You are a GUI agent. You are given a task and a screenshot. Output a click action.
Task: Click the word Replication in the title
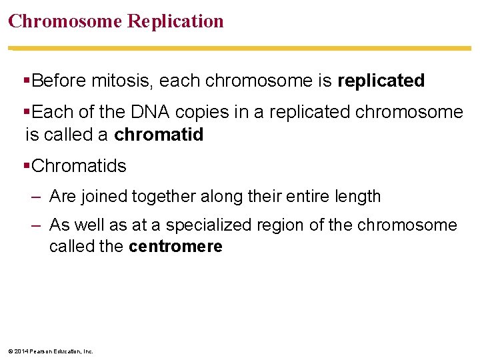click(175, 21)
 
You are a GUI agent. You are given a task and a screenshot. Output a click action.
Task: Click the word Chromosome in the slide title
click(65, 21)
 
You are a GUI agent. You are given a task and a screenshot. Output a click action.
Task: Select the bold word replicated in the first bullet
click(381, 81)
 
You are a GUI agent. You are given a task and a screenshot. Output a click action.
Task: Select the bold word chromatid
click(159, 135)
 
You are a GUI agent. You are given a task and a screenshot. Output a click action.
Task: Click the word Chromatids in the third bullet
click(79, 165)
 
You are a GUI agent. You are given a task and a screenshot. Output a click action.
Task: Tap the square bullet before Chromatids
click(27, 165)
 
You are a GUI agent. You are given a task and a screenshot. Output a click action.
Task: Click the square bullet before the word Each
click(27, 112)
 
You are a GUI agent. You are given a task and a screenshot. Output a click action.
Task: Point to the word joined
click(104, 197)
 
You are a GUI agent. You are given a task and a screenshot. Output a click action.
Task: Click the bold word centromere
click(175, 247)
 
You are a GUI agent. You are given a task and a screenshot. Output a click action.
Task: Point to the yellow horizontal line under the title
click(240, 48)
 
